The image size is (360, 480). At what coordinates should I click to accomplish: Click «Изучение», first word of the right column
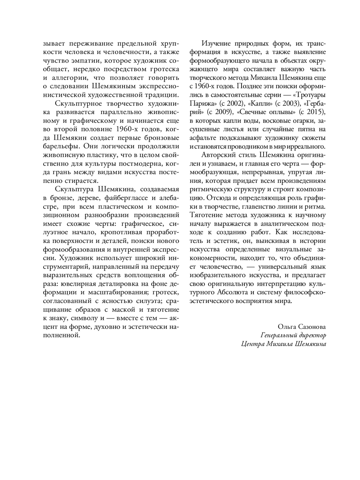[x=218, y=44]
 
